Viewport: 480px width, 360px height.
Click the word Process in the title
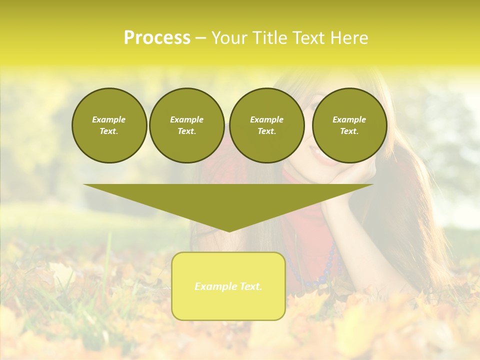point(157,38)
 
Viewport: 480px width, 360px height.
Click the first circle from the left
point(109,125)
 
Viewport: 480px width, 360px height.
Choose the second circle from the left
point(186,125)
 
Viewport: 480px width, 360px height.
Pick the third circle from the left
point(266,125)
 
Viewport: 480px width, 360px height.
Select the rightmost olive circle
point(349,125)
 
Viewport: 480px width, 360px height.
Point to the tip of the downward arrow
point(228,231)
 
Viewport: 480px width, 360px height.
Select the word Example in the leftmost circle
point(109,119)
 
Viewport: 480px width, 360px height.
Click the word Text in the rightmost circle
point(349,131)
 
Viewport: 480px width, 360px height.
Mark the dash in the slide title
point(200,38)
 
